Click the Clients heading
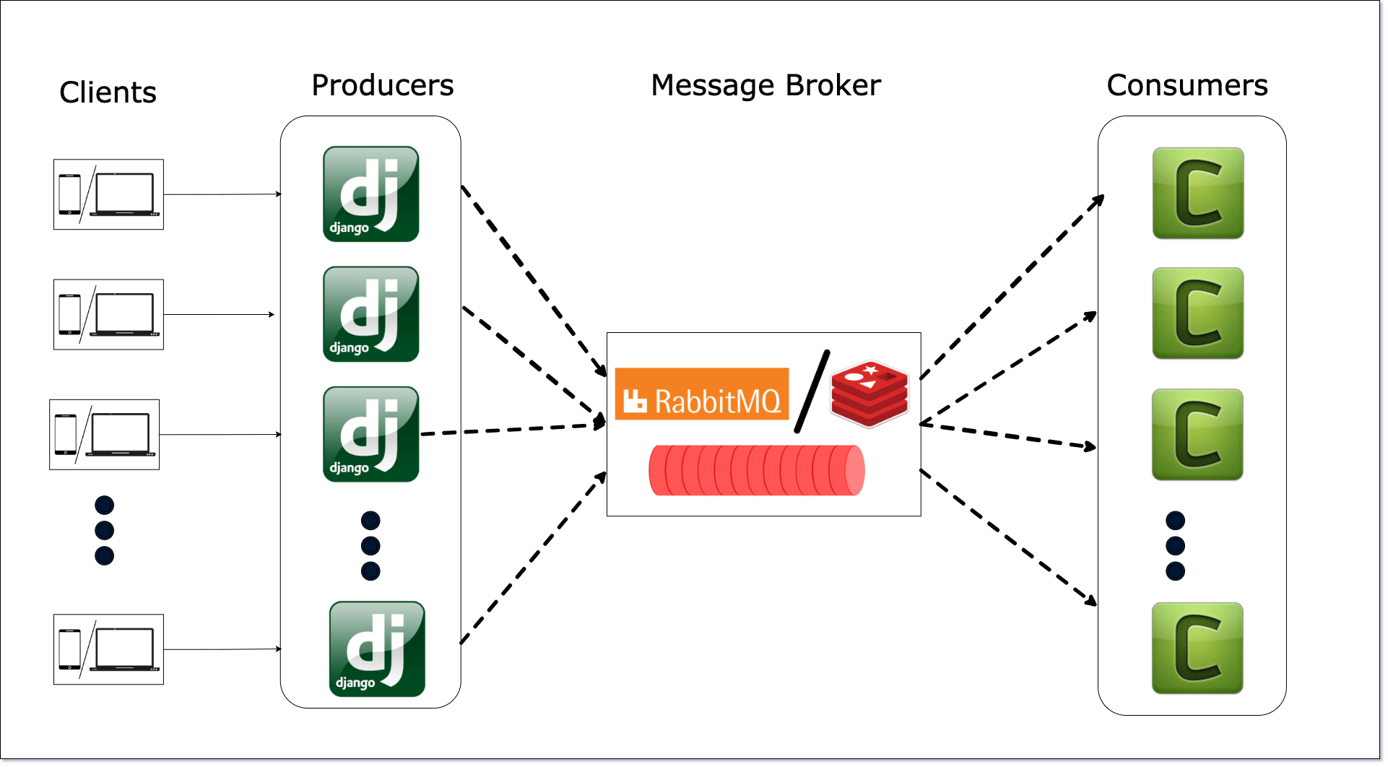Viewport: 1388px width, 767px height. [x=108, y=92]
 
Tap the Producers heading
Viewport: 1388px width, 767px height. [x=382, y=85]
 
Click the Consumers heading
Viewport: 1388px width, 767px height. [x=1187, y=85]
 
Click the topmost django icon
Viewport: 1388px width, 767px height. [x=370, y=194]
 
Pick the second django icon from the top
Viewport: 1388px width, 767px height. [x=370, y=313]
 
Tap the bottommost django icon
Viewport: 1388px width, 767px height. [x=377, y=649]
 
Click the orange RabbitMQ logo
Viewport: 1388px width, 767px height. [x=701, y=394]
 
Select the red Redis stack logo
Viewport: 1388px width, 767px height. [x=869, y=394]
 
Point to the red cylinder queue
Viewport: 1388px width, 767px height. [x=756, y=471]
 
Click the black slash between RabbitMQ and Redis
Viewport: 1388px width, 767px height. [x=812, y=392]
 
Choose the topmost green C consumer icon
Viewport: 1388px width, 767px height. [x=1197, y=194]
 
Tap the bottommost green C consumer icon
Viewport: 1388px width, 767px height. [x=1197, y=649]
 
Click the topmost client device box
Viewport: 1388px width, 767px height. [x=108, y=194]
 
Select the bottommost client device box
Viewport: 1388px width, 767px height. [x=108, y=649]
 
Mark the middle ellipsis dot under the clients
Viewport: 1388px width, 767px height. [x=105, y=530]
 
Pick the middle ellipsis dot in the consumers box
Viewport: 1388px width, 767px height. [x=1175, y=545]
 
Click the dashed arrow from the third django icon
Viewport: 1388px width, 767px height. [x=513, y=429]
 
